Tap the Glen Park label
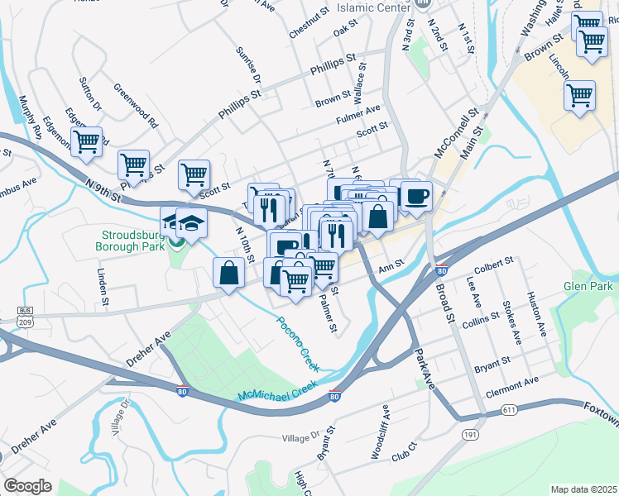587,286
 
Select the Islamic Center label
373,7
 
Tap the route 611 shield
511,410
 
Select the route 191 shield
470,434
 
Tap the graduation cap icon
191,223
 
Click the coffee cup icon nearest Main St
416,196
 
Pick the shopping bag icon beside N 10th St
228,272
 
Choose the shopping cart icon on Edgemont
86,141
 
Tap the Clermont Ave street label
512,384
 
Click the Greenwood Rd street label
136,105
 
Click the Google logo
28,485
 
